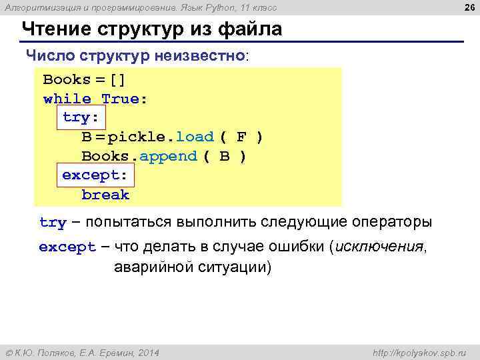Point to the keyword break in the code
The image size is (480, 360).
pyautogui.click(x=105, y=195)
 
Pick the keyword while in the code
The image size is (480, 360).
pyautogui.click(x=67, y=99)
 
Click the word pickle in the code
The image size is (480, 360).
pyautogui.click(x=137, y=137)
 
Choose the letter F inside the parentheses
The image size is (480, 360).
pyautogui.click(x=241, y=137)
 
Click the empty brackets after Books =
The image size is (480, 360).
pyautogui.click(x=118, y=79)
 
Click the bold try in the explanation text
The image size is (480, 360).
pyautogui.click(x=53, y=223)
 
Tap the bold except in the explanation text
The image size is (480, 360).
pyautogui.click(x=67, y=248)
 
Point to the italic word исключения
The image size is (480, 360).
pyautogui.click(x=379, y=247)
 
